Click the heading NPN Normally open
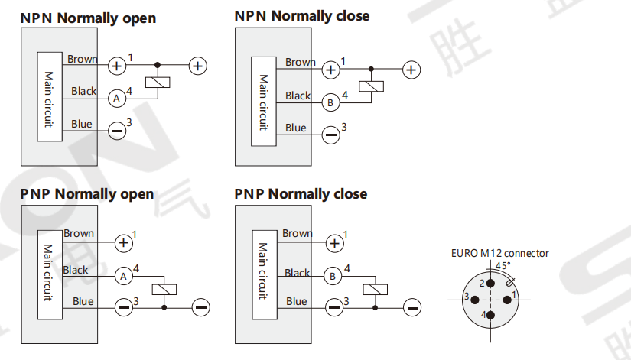point(88,18)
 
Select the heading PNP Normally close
point(301,194)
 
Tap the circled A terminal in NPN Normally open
point(116,98)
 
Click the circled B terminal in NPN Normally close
point(330,102)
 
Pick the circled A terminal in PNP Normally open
point(123,275)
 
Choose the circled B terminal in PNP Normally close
point(333,276)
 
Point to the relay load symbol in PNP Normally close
point(375,289)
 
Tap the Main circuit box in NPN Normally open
point(49,96)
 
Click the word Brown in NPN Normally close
point(301,62)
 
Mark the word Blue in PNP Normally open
point(83,301)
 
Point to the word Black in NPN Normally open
point(84,91)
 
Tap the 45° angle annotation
point(503,265)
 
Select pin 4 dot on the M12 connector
point(490,314)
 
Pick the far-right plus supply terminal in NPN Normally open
point(197,66)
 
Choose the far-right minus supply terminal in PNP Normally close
point(412,307)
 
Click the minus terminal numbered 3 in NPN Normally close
point(330,135)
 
